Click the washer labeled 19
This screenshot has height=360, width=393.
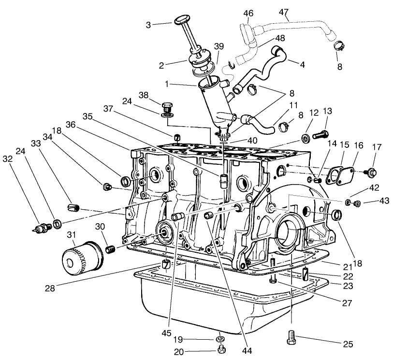219,338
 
